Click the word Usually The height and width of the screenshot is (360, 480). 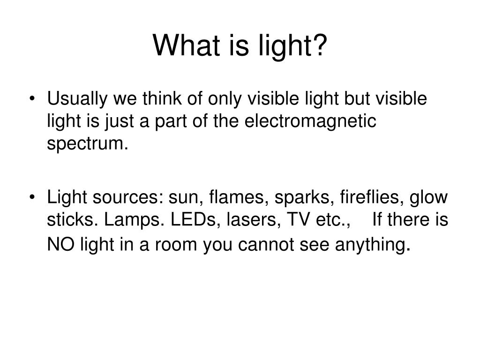click(77, 100)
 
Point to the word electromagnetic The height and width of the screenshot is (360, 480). click(311, 121)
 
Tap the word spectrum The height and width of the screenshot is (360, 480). click(86, 143)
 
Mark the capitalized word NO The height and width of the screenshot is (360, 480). click(59, 244)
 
